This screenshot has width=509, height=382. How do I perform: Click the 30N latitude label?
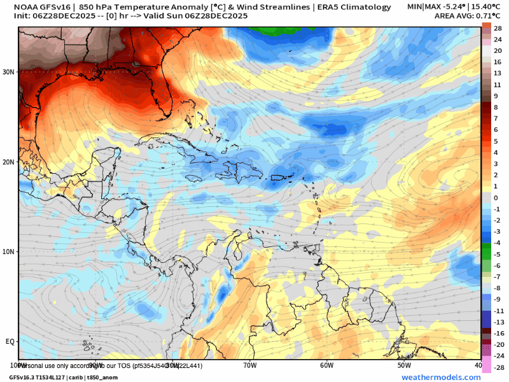[8, 72]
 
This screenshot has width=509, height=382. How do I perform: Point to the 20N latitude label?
[8, 162]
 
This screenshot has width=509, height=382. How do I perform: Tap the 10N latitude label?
[8, 251]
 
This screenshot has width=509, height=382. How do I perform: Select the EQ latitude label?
[10, 342]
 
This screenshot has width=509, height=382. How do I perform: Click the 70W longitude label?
[249, 365]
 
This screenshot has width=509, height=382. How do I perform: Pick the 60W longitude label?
[327, 365]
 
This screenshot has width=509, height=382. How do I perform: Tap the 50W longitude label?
[404, 365]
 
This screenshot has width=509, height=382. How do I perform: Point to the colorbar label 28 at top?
[498, 28]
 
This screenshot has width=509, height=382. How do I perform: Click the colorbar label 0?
[496, 198]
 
